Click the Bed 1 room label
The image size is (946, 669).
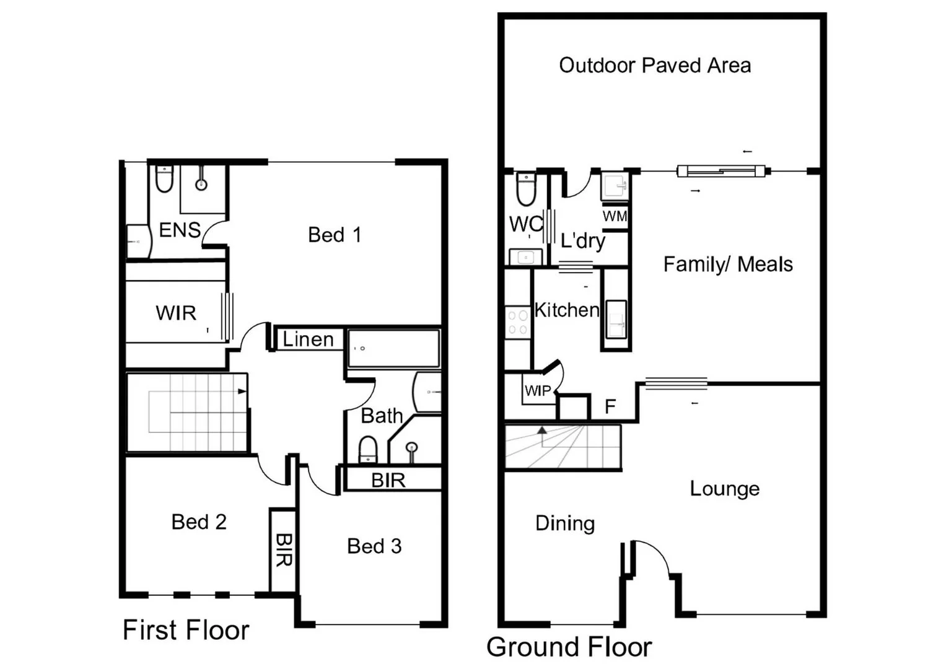click(335, 235)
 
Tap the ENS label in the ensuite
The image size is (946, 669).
click(180, 230)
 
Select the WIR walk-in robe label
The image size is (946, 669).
click(176, 313)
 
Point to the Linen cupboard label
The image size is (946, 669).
click(308, 339)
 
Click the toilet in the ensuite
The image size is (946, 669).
click(164, 179)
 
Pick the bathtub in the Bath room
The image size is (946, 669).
click(393, 349)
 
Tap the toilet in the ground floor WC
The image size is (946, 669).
click(525, 190)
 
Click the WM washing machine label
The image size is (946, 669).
click(615, 216)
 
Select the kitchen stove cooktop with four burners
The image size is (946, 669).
click(517, 323)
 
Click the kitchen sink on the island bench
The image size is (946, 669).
click(616, 320)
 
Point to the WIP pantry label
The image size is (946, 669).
click(537, 391)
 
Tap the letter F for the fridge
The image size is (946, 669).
click(610, 407)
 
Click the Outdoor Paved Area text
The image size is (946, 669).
click(655, 65)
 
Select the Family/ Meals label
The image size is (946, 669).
click(728, 265)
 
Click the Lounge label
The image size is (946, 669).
click(724, 489)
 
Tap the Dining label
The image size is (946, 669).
click(565, 523)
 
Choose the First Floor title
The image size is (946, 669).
click(186, 630)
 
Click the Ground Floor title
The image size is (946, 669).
click(569, 647)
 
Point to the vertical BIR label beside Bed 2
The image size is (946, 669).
click(283, 550)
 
